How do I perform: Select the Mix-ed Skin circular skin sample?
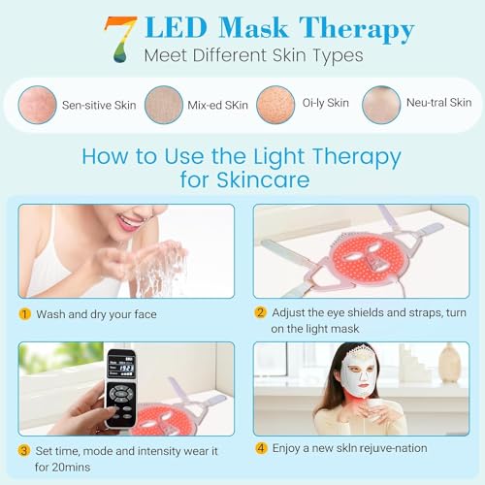[163, 103]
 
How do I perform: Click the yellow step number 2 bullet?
[260, 312]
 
